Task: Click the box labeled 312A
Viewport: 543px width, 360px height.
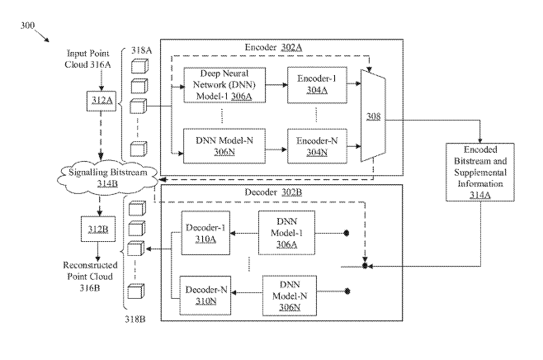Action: [x=102, y=101]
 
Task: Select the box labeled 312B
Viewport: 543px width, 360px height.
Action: [x=98, y=229]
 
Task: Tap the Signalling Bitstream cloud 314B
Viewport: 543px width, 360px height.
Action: [x=107, y=178]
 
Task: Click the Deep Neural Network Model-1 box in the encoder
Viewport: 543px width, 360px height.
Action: [x=224, y=85]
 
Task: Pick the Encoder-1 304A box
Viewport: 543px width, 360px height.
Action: [x=317, y=85]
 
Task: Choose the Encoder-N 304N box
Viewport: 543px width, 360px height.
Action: [x=317, y=146]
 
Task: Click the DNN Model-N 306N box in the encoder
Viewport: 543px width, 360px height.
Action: [x=224, y=146]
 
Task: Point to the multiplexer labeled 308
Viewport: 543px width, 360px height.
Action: [x=373, y=116]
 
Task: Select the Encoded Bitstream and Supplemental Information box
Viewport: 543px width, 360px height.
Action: [x=480, y=173]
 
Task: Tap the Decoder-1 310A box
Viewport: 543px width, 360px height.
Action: [x=205, y=233]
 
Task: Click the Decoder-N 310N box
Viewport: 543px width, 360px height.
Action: [x=205, y=296]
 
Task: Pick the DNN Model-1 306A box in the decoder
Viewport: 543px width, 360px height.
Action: [x=286, y=233]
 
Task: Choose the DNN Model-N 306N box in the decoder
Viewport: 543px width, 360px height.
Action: [x=290, y=296]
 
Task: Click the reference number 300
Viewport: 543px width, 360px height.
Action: [x=27, y=26]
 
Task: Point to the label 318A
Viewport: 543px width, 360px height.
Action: [x=141, y=50]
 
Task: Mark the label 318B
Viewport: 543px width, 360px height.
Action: [x=135, y=319]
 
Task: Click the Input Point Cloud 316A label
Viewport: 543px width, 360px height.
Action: [x=87, y=59]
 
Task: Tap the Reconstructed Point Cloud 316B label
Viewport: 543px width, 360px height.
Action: [x=90, y=276]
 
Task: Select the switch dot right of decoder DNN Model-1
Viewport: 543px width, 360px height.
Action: [x=346, y=233]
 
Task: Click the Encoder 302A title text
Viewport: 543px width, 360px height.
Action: [x=273, y=47]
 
